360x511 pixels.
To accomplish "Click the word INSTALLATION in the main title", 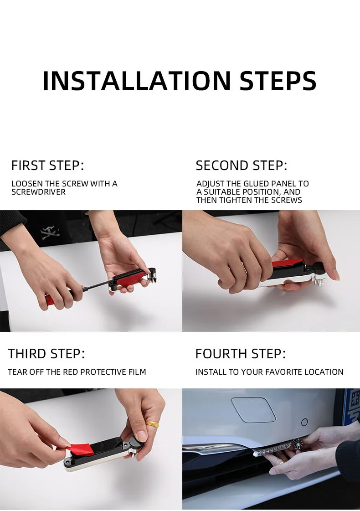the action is click(x=137, y=81).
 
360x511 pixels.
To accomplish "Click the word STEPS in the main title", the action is click(x=278, y=81).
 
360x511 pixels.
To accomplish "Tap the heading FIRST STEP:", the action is click(x=47, y=165).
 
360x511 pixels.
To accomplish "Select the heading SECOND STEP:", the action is click(x=242, y=165).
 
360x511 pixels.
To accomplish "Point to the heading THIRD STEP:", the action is click(x=46, y=354).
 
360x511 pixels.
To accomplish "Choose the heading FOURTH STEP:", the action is click(x=241, y=354).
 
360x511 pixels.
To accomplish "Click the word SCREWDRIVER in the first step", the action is click(x=38, y=192).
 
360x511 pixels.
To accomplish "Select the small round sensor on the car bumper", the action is click(x=304, y=423).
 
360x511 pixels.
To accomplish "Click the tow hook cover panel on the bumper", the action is click(x=253, y=410).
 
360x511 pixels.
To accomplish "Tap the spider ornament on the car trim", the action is click(x=297, y=444).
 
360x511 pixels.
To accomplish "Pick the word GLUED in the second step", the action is click(x=257, y=184).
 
